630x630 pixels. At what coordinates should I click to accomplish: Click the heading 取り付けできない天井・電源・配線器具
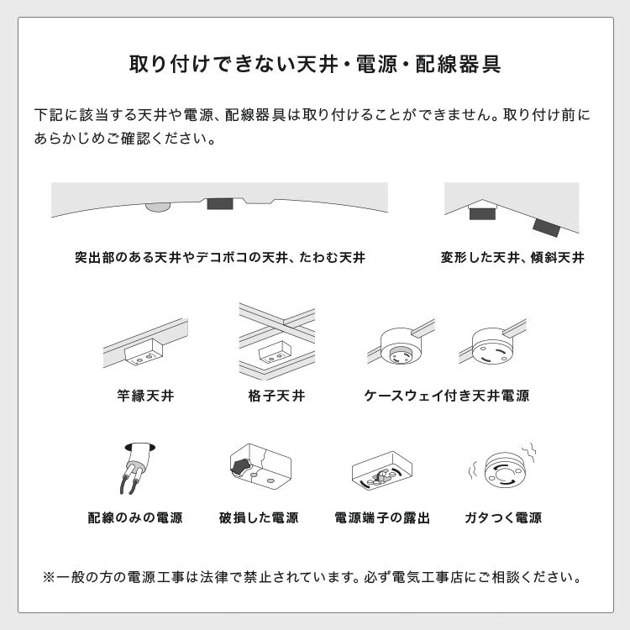coord(315,65)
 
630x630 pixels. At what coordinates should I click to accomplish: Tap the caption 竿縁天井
coord(145,395)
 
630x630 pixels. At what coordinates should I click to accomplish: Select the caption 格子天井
coord(276,395)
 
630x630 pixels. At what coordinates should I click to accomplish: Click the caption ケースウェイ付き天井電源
coord(446,395)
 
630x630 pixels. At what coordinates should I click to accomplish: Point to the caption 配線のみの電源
coord(135,517)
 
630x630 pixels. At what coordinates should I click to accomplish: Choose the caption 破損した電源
coord(259,517)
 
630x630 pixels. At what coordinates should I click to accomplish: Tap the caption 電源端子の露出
coord(382,517)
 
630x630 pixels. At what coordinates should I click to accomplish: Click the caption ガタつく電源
coord(502,517)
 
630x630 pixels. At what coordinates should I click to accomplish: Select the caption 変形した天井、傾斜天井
coord(512,257)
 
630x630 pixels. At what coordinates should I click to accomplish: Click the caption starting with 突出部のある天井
coord(220,257)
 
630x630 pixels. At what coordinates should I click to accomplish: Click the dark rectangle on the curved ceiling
coord(220,204)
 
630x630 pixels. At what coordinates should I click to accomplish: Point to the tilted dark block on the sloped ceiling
coord(546,226)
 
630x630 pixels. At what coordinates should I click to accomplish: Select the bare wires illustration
coord(135,468)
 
